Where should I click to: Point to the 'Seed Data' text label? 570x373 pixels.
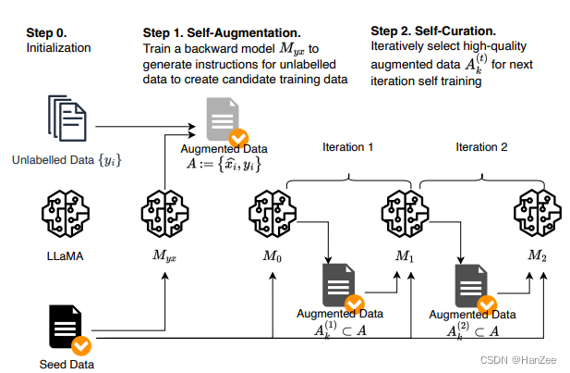click(x=67, y=364)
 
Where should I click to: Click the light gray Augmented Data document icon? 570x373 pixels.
click(x=223, y=119)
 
